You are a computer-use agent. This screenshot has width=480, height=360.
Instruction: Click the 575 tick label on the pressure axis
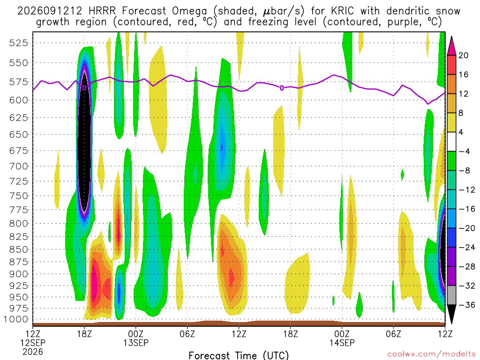[x=18, y=82]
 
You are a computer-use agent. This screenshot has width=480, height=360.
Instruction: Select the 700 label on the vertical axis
[x=18, y=166]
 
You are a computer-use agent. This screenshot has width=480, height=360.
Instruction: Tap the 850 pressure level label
[x=18, y=250]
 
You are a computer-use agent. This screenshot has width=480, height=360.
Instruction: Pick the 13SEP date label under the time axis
[x=136, y=343]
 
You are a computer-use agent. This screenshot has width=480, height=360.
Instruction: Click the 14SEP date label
[x=342, y=343]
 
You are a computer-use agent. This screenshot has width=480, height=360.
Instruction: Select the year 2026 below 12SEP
[x=33, y=352]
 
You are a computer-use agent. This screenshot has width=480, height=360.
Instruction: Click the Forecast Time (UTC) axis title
[x=239, y=355]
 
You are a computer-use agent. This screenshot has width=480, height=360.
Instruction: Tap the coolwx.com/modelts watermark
[x=431, y=354]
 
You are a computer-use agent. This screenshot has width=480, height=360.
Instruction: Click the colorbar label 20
[x=464, y=55]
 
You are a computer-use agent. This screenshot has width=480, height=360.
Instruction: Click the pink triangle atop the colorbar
[x=451, y=46]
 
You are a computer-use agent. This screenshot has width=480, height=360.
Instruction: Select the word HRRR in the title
[x=102, y=11]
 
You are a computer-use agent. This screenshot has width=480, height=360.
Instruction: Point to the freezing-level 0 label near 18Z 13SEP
[x=282, y=88]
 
